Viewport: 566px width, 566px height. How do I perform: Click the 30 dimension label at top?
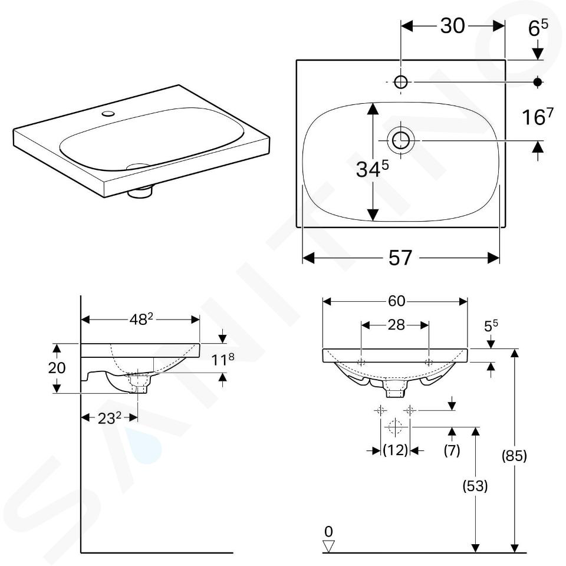[x=452, y=26]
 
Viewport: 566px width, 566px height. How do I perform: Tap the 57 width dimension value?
[x=400, y=258]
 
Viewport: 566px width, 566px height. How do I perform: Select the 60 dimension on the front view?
[x=396, y=301]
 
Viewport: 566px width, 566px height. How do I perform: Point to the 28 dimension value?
[x=396, y=325]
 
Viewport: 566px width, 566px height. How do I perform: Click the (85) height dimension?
[x=514, y=456]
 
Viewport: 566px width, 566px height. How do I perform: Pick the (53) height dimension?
[x=475, y=486]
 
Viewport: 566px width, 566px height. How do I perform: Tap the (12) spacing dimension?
[x=395, y=450]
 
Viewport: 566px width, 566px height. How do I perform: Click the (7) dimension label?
[x=452, y=450]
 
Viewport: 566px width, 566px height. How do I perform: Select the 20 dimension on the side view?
[x=57, y=368]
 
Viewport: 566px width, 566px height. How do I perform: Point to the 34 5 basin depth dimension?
[x=372, y=169]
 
